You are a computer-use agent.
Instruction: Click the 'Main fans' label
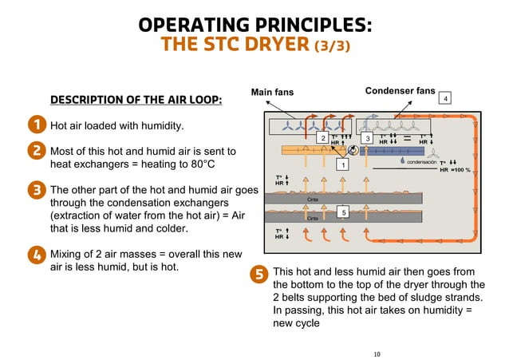(x=272, y=93)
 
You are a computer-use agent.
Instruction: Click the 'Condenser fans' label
(x=400, y=91)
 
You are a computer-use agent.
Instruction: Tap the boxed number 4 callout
(x=447, y=98)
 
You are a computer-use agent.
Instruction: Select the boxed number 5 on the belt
(x=342, y=213)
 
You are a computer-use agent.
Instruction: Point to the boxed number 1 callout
(x=342, y=165)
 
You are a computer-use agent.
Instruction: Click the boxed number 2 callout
(x=322, y=139)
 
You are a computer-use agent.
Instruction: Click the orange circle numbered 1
(x=37, y=125)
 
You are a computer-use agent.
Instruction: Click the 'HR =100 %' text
(x=456, y=169)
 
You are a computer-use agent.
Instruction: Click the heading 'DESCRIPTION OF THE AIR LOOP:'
(x=136, y=101)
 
